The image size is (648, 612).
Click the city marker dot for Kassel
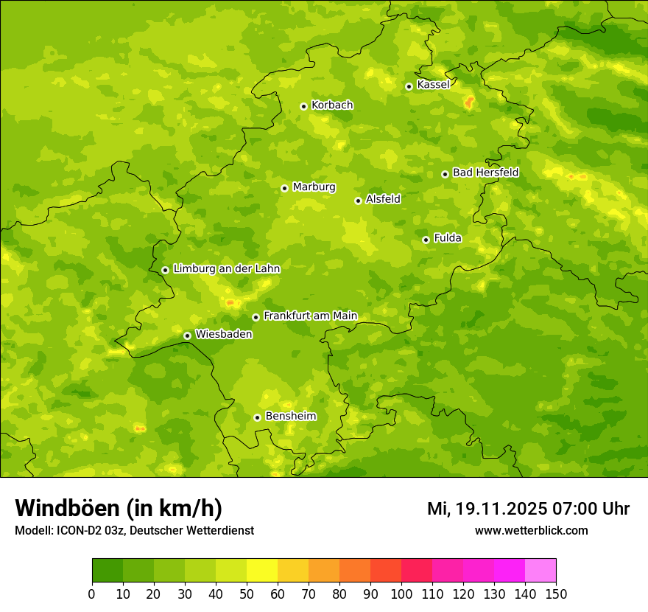point(409,86)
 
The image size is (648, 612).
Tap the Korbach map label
point(332,105)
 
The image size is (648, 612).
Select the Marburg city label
point(314,187)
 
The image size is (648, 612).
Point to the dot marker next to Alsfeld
point(358,201)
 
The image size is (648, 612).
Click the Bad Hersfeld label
point(485,173)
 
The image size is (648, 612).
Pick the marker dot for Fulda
point(426,240)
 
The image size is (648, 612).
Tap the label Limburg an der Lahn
point(226,269)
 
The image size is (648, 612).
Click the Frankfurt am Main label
point(310,316)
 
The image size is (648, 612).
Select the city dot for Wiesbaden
point(187,335)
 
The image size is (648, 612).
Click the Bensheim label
point(290,417)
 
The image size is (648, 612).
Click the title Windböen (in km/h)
point(119,509)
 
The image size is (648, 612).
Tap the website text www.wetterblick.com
point(531,531)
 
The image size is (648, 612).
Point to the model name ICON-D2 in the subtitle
point(74,531)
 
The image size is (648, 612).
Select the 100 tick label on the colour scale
point(401,594)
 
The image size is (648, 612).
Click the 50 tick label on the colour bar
point(247,594)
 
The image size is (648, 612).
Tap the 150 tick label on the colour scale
point(556,594)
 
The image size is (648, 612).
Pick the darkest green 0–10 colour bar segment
point(108,570)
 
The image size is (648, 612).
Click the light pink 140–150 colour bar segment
point(540,570)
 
